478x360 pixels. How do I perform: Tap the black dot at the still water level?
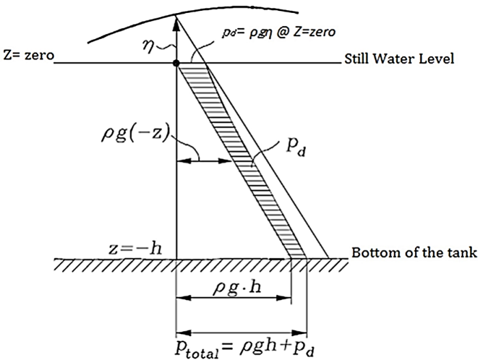pyautogui.click(x=177, y=64)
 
